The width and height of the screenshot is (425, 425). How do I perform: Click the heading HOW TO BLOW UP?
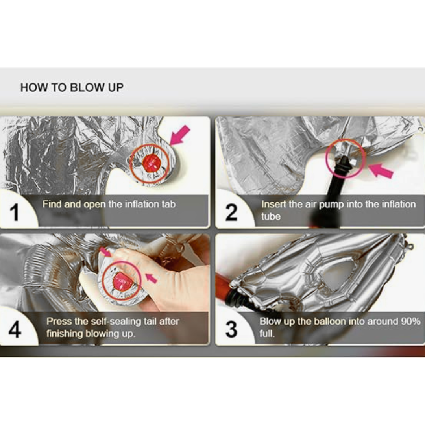click(x=72, y=87)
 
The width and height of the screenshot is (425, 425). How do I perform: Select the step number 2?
click(x=231, y=213)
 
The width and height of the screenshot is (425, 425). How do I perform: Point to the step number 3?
click(x=231, y=329)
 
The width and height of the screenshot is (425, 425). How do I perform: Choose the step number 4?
click(x=15, y=330)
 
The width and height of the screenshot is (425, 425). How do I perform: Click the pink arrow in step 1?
click(x=180, y=135)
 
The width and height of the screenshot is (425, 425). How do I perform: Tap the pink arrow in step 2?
click(x=381, y=170)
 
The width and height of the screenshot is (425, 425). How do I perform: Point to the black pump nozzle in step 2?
click(x=344, y=166)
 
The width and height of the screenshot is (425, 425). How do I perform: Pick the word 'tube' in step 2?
click(x=271, y=216)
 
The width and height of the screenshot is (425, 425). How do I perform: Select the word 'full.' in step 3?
click(x=267, y=333)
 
